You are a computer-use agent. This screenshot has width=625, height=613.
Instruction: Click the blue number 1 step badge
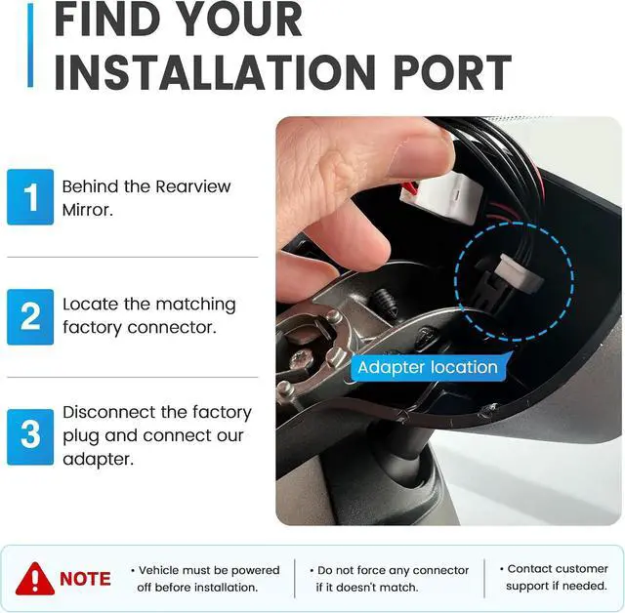point(30,197)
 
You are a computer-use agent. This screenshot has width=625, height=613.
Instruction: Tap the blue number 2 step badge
point(30,316)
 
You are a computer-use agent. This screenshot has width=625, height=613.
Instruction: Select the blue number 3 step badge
point(30,437)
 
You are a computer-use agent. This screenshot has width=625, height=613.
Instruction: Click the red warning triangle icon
point(35,579)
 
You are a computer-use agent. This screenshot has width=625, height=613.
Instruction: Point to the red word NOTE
point(85,579)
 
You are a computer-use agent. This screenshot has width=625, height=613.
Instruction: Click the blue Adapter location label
point(428,367)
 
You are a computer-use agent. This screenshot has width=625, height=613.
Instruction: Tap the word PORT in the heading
point(452,72)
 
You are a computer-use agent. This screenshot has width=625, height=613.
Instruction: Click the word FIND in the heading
point(104,19)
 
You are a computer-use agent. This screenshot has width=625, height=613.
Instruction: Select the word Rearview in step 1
point(193,186)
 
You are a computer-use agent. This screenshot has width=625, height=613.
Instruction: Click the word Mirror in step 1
point(87,210)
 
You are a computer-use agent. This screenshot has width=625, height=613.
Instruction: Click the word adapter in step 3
point(98,460)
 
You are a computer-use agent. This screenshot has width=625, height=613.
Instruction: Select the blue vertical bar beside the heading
point(30,45)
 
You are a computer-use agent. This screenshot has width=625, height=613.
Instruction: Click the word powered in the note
point(255,571)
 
